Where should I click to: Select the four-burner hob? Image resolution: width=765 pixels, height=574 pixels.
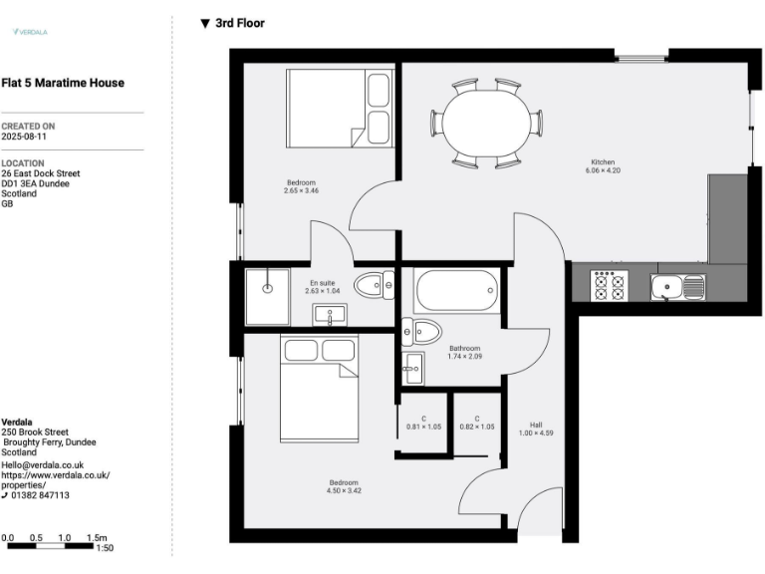pyautogui.click(x=609, y=287)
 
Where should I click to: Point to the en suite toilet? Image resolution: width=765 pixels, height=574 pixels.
pyautogui.click(x=374, y=285)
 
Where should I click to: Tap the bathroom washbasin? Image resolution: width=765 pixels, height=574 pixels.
pyautogui.click(x=413, y=373)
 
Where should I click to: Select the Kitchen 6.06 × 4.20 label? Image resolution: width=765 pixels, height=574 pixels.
pyautogui.click(x=603, y=165)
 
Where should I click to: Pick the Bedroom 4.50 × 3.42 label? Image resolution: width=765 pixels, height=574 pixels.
pyautogui.click(x=344, y=486)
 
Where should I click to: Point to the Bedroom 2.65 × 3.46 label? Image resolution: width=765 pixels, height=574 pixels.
pyautogui.click(x=301, y=186)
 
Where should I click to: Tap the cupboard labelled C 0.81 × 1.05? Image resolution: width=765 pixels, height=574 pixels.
pyautogui.click(x=423, y=423)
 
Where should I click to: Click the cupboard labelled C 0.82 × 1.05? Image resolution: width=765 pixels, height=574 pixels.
pyautogui.click(x=477, y=423)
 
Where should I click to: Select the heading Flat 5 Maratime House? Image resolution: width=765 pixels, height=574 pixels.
pyautogui.click(x=63, y=83)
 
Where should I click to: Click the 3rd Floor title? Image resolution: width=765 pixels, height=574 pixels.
pyautogui.click(x=239, y=22)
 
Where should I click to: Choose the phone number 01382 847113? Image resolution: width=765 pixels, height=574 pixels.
pyautogui.click(x=40, y=495)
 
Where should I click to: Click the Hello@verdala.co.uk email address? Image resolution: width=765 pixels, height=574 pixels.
pyautogui.click(x=43, y=464)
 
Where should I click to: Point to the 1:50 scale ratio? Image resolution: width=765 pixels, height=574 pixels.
pyautogui.click(x=105, y=548)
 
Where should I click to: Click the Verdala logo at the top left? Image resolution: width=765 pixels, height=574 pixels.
pyautogui.click(x=30, y=32)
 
